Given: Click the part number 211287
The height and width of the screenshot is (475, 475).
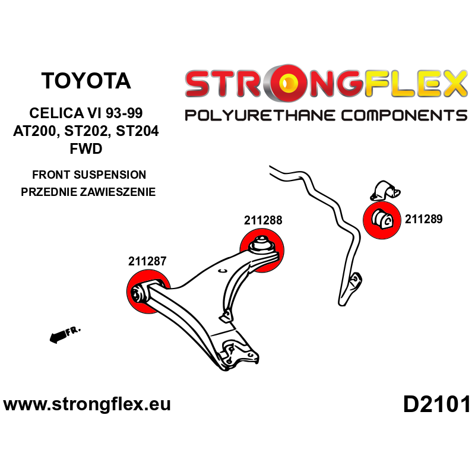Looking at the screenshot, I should coord(147,261).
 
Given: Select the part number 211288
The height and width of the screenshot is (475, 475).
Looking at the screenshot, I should coord(262,220).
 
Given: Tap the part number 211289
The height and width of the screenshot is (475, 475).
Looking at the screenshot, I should coord(424,218).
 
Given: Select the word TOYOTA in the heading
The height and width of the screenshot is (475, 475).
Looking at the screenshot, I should coord(87,81).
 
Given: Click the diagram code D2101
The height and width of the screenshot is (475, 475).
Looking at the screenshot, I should coord(436,405).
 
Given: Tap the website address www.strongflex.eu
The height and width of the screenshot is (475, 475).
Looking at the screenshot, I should coord(87,405).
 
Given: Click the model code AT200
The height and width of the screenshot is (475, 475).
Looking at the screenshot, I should coord(36,132).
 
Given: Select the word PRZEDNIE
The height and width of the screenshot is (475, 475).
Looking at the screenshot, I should coord(51,192).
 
